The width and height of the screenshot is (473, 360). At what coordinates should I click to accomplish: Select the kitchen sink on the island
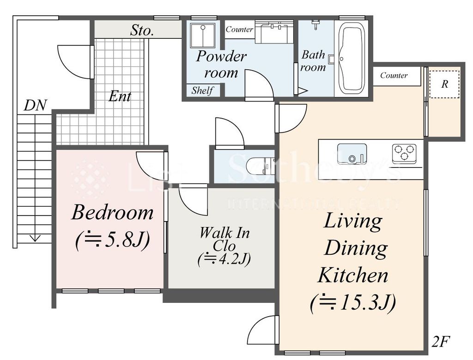(x=352, y=154)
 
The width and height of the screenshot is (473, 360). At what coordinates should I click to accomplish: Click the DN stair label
(x=35, y=106)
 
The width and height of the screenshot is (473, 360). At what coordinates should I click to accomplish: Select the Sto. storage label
(x=142, y=30)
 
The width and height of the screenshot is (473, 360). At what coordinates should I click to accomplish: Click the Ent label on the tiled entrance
(x=120, y=96)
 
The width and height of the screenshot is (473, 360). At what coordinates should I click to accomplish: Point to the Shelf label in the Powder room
(x=202, y=90)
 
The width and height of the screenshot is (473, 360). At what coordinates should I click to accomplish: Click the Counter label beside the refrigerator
(x=394, y=75)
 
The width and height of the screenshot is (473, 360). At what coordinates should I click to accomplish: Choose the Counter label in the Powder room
(x=239, y=29)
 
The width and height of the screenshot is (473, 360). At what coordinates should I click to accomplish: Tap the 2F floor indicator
(x=441, y=342)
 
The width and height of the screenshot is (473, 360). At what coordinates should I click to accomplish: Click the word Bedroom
(x=112, y=212)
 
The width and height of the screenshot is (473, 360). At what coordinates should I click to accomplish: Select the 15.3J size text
(x=353, y=302)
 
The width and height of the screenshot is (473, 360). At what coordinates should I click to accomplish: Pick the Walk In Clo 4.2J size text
(x=224, y=259)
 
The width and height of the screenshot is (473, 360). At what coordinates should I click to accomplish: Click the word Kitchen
(x=353, y=275)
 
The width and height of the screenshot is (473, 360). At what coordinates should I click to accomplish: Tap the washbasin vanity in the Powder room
(x=274, y=32)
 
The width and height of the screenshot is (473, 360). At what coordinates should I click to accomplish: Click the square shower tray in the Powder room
(x=203, y=35)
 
